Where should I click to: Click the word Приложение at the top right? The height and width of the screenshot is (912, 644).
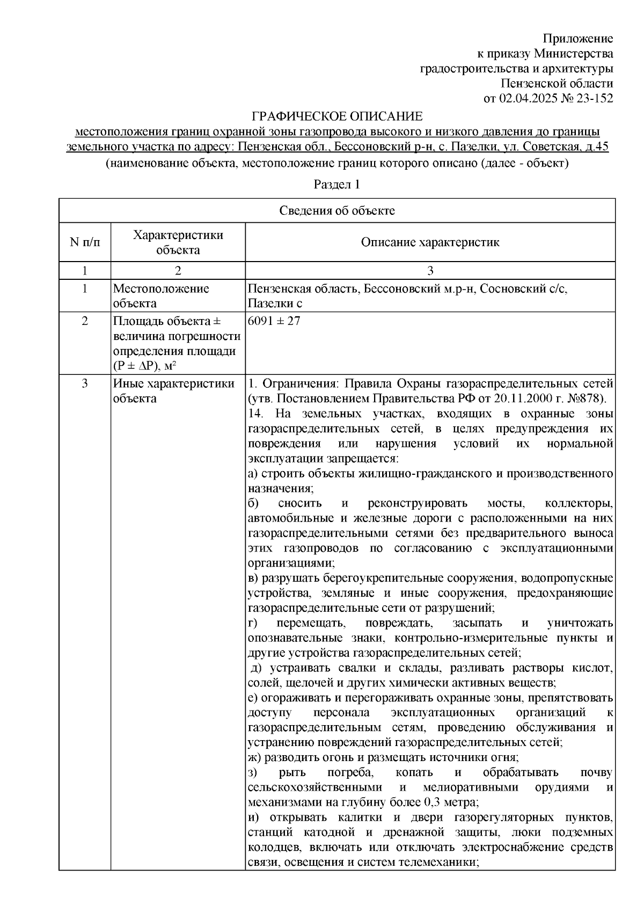tap(577, 39)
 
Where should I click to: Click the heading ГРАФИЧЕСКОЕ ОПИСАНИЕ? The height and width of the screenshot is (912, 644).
tap(337, 117)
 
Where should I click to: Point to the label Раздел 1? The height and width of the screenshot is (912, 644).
tap(336, 185)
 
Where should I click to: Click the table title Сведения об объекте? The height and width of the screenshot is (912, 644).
tap(336, 211)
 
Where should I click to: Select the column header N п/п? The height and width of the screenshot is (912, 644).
tap(85, 242)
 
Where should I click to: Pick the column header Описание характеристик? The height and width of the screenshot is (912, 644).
tap(430, 242)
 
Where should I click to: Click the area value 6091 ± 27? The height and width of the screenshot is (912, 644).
tap(274, 321)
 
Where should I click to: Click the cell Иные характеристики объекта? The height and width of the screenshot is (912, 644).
tap(173, 391)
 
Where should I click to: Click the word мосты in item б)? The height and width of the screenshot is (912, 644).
tap(504, 503)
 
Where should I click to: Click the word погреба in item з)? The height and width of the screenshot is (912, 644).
tap(348, 772)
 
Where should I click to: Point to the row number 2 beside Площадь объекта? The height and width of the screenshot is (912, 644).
tap(85, 321)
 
